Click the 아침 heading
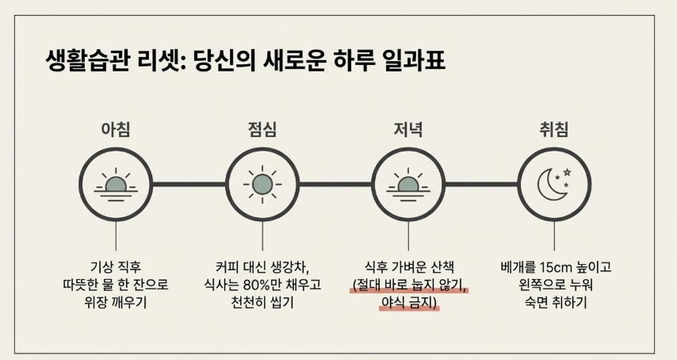pyautogui.click(x=117, y=129)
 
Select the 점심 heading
pyautogui.click(x=262, y=129)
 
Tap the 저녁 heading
pyautogui.click(x=408, y=129)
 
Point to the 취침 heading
pyautogui.click(x=554, y=129)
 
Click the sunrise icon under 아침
pyautogui.click(x=117, y=184)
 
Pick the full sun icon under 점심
pyautogui.click(x=262, y=184)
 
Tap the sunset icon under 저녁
pyautogui.click(x=408, y=184)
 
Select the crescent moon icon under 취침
pyautogui.click(x=554, y=184)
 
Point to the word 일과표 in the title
pyautogui.click(x=416, y=62)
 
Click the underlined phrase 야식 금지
pyautogui.click(x=409, y=303)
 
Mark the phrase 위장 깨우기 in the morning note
pyautogui.click(x=117, y=303)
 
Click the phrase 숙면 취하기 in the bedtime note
pyautogui.click(x=555, y=303)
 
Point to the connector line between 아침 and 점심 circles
pyautogui.click(x=189, y=184)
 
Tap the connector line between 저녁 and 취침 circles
pyautogui.click(x=481, y=184)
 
